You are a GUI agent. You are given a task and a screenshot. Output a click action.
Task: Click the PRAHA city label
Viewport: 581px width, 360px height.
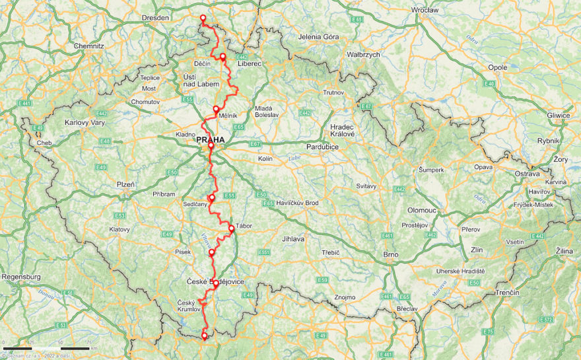pos(210,140)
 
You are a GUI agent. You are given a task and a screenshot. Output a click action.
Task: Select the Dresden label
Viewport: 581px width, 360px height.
pos(156,18)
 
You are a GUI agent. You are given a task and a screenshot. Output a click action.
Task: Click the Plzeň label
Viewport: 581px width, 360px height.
pos(125,185)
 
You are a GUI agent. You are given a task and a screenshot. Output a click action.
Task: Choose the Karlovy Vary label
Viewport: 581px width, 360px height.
pos(85,123)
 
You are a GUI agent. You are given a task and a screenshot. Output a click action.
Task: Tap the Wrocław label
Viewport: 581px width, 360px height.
pos(425,11)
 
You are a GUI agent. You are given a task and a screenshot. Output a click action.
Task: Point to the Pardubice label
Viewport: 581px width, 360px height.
pos(322,147)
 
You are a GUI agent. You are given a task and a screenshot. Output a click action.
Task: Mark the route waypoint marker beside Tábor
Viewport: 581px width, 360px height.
pos(231,229)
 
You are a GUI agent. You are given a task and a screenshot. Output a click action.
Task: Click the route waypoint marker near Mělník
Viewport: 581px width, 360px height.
pos(216,109)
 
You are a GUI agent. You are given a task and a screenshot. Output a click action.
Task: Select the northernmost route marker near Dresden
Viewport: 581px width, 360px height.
pos(203,18)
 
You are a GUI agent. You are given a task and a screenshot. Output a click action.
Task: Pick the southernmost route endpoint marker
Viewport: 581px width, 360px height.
pos(204,336)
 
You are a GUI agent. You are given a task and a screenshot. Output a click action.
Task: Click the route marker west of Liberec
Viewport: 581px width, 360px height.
pos(223,57)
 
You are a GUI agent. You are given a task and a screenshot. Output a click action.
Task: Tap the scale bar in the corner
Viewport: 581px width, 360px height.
pos(46,348)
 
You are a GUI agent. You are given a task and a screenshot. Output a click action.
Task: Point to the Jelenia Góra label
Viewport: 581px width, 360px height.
pos(318,37)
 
